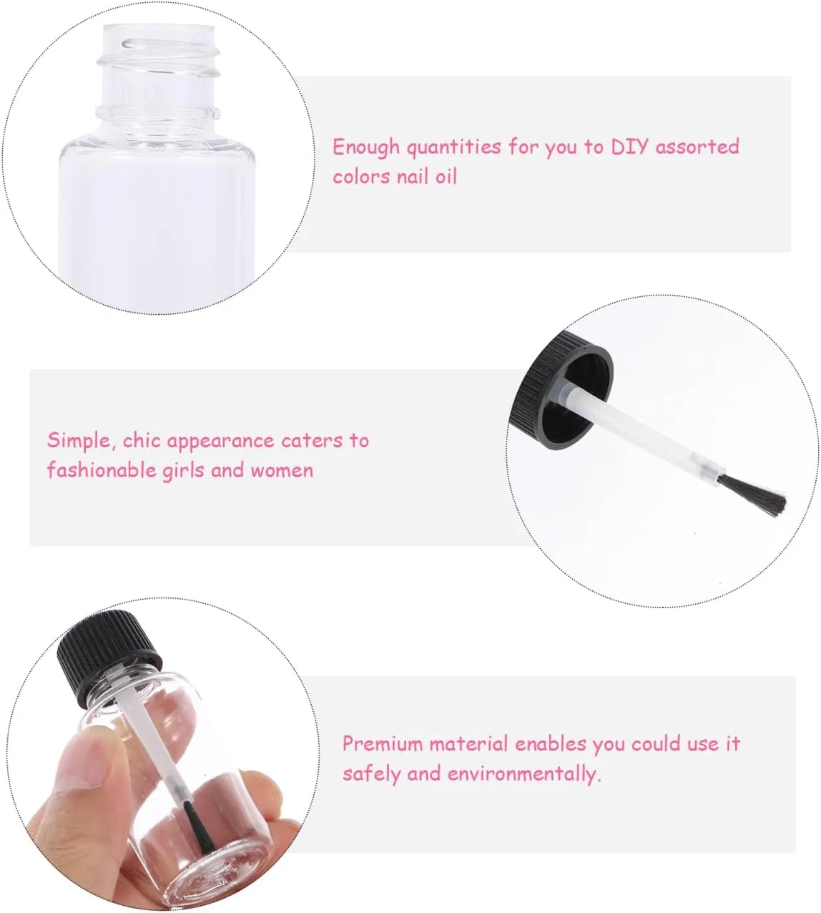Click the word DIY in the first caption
[x=629, y=147]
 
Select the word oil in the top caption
[x=446, y=177]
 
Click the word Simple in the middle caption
[x=79, y=441]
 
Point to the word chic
[x=142, y=441]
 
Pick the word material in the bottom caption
[x=468, y=744]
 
